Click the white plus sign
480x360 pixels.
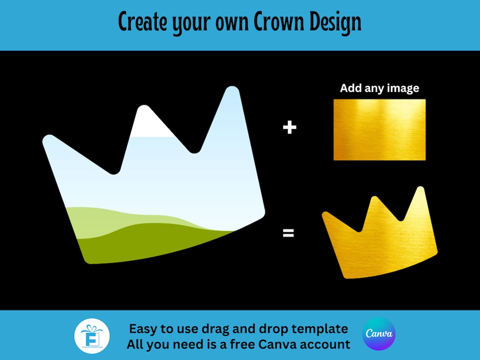tap(289, 128)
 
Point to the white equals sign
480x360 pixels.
tap(288, 233)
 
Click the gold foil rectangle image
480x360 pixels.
tap(380, 129)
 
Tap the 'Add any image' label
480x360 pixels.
tap(380, 88)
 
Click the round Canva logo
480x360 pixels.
tap(379, 334)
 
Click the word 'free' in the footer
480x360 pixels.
tap(243, 344)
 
